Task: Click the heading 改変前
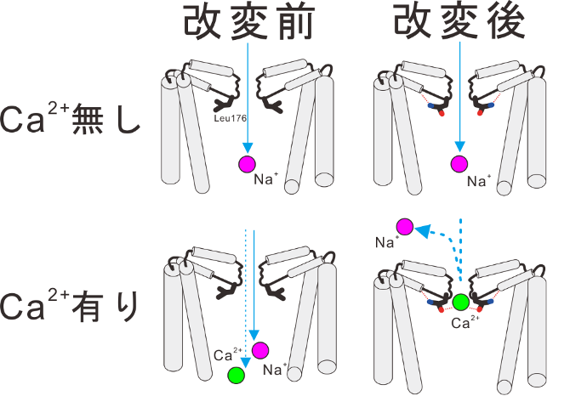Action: click(249, 22)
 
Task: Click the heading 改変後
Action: click(460, 22)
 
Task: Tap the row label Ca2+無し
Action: click(70, 118)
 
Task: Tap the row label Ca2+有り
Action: click(70, 306)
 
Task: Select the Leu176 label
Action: click(230, 118)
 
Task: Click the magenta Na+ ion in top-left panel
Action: click(248, 164)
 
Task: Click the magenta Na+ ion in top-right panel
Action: click(459, 164)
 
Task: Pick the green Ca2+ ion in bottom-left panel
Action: click(237, 375)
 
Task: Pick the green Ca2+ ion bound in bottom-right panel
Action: click(461, 303)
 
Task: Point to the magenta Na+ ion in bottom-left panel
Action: click(260, 350)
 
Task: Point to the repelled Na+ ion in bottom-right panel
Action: click(405, 227)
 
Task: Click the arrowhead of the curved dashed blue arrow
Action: click(423, 230)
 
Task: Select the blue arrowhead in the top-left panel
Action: click(248, 148)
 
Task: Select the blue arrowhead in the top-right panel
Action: click(460, 146)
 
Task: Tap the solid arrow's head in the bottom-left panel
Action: click(254, 335)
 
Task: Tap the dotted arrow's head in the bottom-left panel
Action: click(246, 362)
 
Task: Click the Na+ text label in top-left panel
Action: click(266, 178)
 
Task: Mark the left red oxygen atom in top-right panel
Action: click(442, 113)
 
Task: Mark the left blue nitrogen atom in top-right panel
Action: click(431, 106)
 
